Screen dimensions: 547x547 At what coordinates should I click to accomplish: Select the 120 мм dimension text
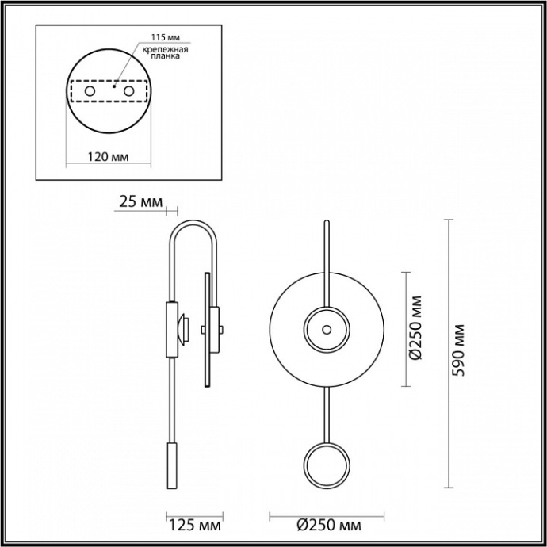coord(107,155)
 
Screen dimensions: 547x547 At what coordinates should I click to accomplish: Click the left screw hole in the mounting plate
coord(90,94)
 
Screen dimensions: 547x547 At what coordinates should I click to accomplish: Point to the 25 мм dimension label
coord(140,201)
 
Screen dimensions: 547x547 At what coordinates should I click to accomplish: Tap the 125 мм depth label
coord(195,526)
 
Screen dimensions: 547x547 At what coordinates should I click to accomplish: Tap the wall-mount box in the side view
coord(172,328)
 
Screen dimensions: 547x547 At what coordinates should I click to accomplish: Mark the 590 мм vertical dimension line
coord(449,354)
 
